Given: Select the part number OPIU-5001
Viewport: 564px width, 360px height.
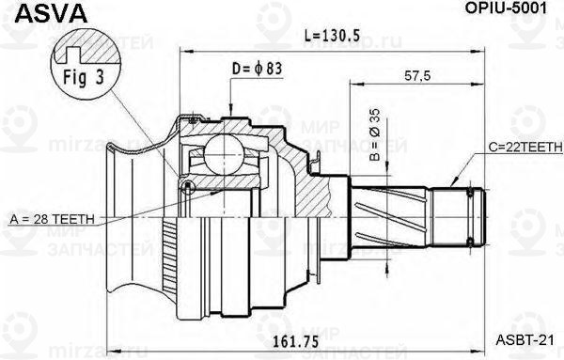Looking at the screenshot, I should click(510, 10).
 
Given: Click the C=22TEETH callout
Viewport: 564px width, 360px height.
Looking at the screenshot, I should click(524, 148).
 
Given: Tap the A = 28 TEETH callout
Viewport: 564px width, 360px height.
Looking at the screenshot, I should click(52, 218).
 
